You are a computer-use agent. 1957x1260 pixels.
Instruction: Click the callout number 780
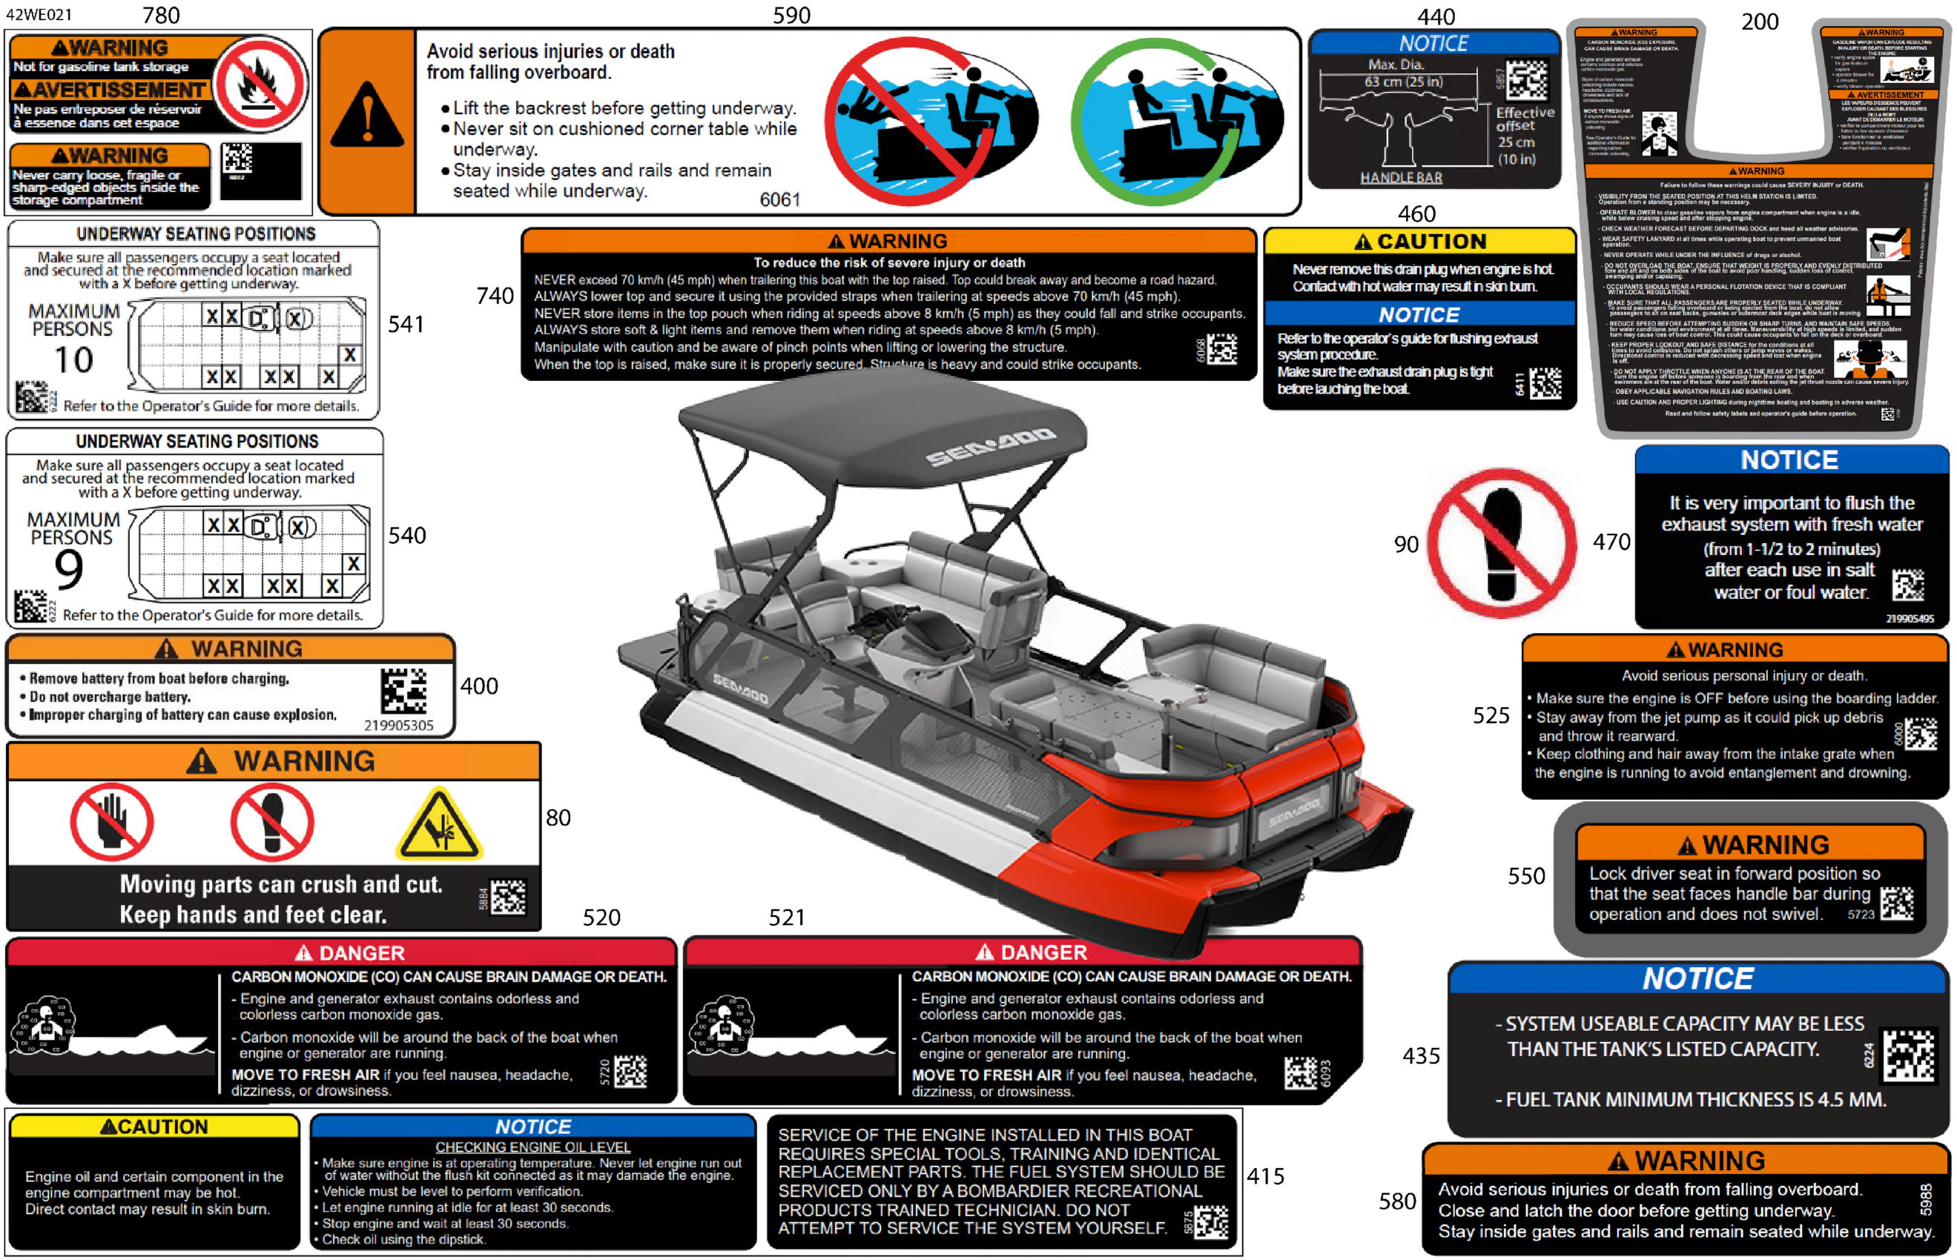(160, 15)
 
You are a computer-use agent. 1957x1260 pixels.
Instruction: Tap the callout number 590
(791, 15)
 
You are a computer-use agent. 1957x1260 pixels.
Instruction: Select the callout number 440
(1436, 16)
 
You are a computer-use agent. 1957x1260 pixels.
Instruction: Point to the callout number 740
(495, 296)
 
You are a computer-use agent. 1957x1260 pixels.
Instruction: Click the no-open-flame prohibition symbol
(260, 84)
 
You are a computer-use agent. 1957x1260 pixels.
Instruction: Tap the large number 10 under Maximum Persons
(73, 360)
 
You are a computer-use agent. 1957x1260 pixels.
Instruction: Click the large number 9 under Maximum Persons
(69, 569)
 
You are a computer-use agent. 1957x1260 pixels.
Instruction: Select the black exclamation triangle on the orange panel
(366, 117)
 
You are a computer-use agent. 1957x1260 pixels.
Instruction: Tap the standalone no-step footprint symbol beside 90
(1502, 543)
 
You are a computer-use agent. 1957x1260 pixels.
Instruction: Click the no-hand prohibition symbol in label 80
(111, 822)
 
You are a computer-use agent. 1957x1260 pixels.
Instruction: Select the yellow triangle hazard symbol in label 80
(439, 826)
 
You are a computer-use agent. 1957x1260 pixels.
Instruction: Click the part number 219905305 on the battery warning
(399, 725)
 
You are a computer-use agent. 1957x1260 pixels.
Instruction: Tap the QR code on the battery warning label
(403, 691)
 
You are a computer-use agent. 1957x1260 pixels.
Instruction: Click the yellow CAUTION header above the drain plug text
(1419, 242)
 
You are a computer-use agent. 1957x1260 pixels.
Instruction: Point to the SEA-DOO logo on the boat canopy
(991, 446)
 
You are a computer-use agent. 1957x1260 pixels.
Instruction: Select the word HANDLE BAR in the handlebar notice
(1402, 178)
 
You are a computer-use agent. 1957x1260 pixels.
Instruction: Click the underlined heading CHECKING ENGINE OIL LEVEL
(533, 1147)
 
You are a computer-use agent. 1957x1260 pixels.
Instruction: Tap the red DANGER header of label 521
(1023, 952)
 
